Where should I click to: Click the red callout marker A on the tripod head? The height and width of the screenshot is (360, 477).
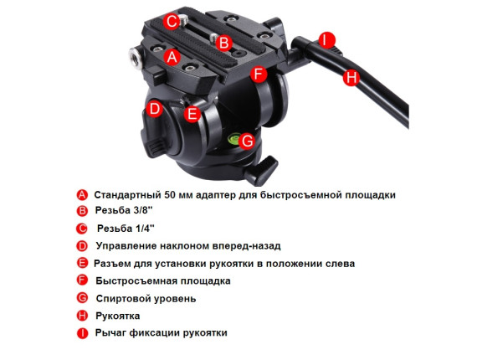click(x=172, y=57)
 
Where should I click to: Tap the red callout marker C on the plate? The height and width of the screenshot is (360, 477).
click(x=172, y=22)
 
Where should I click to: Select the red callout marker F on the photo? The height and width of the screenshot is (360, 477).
click(x=259, y=74)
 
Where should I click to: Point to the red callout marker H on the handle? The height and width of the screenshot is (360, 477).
click(x=351, y=77)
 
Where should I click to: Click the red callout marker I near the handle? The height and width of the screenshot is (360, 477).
click(x=326, y=40)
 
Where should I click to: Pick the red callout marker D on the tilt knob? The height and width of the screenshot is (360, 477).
click(x=155, y=109)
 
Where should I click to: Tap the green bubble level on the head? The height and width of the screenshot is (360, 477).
click(x=234, y=138)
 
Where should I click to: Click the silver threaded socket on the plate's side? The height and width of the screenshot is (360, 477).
click(x=135, y=58)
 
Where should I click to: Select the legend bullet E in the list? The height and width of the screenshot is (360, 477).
click(x=83, y=263)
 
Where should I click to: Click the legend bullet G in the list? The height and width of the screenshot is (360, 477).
click(x=83, y=298)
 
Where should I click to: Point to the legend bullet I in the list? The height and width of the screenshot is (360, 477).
click(x=83, y=333)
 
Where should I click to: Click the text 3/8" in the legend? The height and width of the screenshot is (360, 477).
click(x=142, y=210)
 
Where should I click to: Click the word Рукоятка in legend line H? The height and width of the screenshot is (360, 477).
click(x=118, y=316)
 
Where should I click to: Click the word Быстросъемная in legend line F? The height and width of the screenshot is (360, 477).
click(x=136, y=280)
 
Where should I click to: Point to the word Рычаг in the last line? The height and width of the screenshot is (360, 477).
click(x=110, y=333)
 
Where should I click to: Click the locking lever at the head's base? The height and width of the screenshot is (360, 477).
click(x=262, y=170)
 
